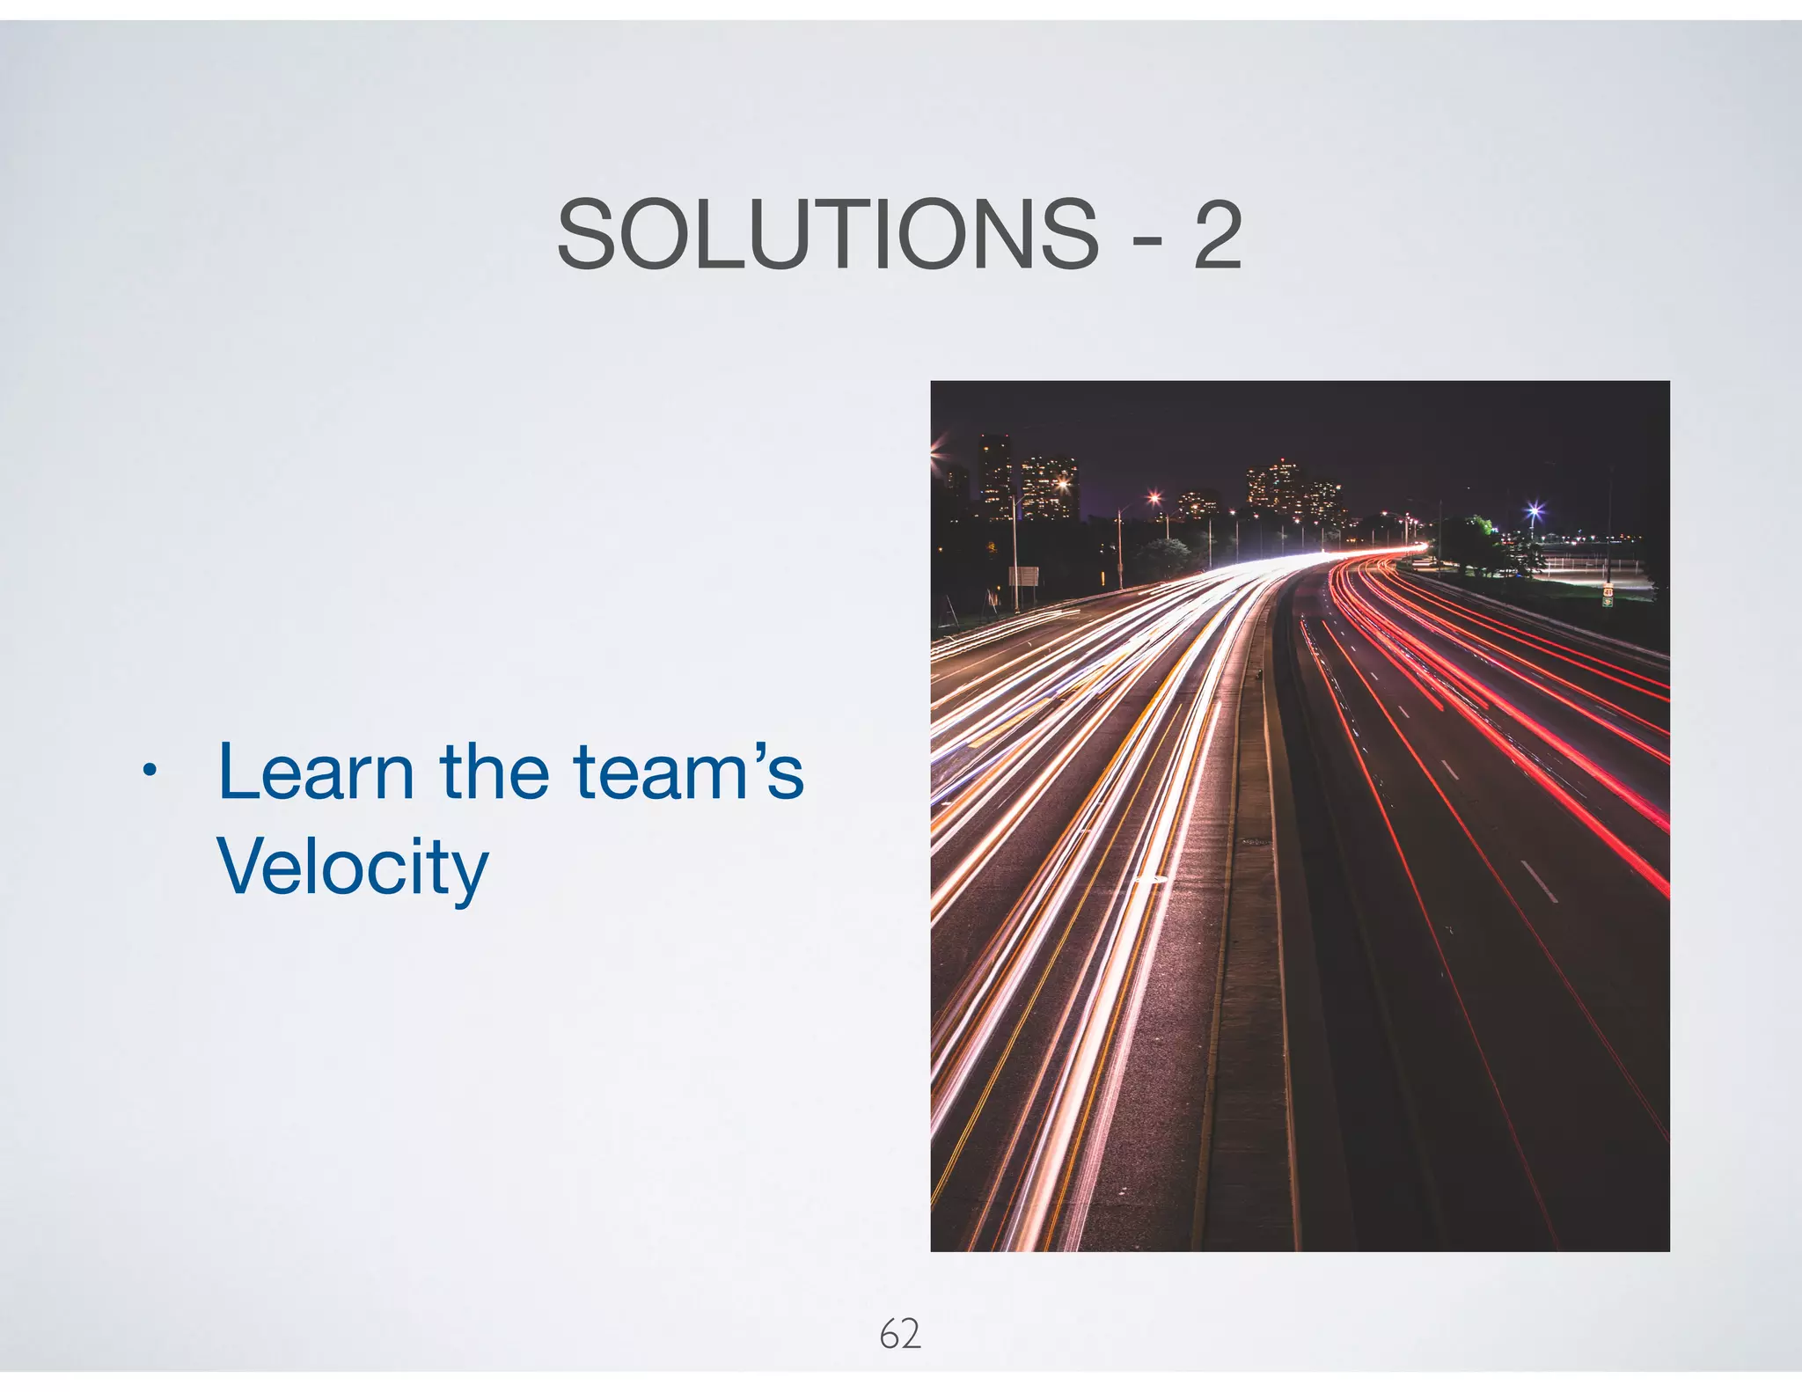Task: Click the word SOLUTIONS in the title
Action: coord(827,234)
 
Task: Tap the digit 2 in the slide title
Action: coord(1218,234)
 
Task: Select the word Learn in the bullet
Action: coord(316,772)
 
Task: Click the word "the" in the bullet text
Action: coord(494,772)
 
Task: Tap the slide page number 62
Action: coord(899,1334)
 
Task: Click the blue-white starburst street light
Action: coord(1535,510)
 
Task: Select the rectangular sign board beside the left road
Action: coord(1023,577)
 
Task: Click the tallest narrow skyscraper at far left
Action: coord(995,475)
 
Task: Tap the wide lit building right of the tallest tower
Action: coord(1049,488)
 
